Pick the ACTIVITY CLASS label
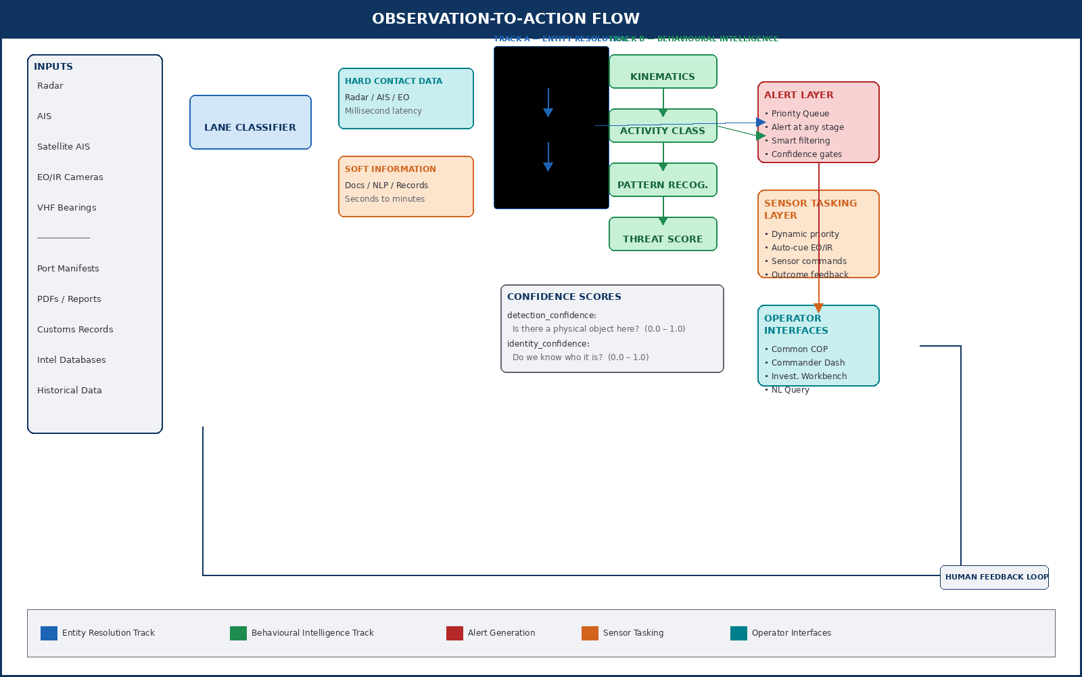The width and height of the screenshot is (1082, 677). (663, 131)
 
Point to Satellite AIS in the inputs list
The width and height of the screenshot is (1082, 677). (64, 147)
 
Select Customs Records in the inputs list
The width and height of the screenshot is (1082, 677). (75, 330)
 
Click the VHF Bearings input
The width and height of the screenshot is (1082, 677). (67, 208)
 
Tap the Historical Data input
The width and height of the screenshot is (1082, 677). (70, 391)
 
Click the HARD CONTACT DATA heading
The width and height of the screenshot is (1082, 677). (394, 81)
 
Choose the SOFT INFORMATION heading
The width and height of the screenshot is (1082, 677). (390, 169)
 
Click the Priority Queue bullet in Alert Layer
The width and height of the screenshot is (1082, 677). (800, 114)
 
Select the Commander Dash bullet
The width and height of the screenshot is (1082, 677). (808, 363)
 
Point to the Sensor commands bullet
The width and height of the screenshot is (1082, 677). (809, 261)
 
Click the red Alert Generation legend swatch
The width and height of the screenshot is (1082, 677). (454, 633)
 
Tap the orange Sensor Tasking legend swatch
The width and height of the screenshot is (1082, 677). (590, 633)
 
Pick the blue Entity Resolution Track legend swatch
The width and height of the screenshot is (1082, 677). (49, 633)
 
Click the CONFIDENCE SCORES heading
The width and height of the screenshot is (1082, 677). (564, 297)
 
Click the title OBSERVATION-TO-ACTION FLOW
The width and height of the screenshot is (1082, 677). (506, 19)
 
